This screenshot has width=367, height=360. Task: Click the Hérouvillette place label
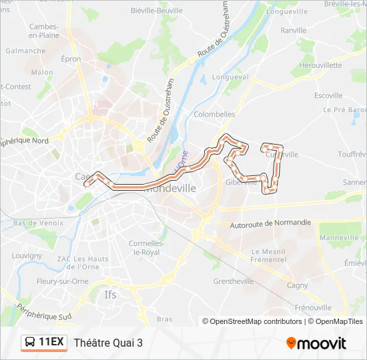click(x=321, y=65)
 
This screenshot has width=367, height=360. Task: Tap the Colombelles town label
click(x=214, y=114)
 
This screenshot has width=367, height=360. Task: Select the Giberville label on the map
click(x=241, y=182)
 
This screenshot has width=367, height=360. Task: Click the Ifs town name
click(x=111, y=294)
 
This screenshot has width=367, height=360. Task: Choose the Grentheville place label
click(x=234, y=281)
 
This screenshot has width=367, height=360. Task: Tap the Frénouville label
click(x=313, y=307)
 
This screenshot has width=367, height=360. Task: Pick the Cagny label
click(x=298, y=285)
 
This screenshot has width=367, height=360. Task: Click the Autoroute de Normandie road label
click(x=270, y=223)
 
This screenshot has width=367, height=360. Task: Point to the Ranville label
click(x=294, y=30)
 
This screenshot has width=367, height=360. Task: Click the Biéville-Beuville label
click(x=158, y=11)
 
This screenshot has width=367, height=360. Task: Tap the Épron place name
click(x=71, y=59)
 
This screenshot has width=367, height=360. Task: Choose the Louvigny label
click(x=27, y=255)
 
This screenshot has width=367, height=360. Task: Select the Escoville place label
click(x=328, y=95)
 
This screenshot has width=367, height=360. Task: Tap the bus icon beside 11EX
click(x=31, y=343)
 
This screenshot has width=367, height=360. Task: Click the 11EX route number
click(x=51, y=343)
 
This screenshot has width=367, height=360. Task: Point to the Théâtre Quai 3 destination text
click(x=109, y=343)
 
